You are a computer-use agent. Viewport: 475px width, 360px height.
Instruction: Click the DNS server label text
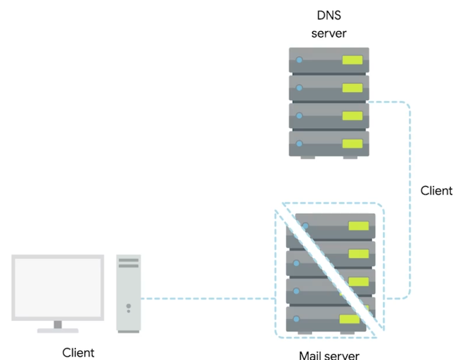(x=329, y=25)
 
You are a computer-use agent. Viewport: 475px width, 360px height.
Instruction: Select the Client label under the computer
(x=79, y=352)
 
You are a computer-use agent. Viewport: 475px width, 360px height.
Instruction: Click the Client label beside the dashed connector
(x=436, y=190)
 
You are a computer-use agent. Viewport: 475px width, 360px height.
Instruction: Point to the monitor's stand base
(x=58, y=330)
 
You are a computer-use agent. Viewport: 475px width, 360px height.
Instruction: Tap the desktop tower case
(x=129, y=293)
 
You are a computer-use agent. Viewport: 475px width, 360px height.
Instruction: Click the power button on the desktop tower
(x=129, y=307)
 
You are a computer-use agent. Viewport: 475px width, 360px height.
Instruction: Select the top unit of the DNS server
(x=329, y=60)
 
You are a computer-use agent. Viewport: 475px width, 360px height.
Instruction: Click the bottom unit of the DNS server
(x=329, y=144)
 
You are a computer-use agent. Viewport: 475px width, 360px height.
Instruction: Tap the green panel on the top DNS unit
(x=352, y=60)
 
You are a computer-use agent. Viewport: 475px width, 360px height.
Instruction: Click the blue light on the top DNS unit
(x=299, y=60)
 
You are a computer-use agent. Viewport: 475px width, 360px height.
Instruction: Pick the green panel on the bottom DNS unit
(x=352, y=144)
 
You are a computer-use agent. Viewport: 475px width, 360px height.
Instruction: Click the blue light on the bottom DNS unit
(x=299, y=144)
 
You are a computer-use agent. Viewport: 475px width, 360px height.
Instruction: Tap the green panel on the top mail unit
(x=358, y=226)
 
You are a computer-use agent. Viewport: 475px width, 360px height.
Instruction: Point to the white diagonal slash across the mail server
(x=330, y=269)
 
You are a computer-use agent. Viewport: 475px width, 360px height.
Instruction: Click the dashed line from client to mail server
(x=207, y=298)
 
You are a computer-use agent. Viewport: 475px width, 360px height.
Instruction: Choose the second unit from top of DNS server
(x=329, y=87)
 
